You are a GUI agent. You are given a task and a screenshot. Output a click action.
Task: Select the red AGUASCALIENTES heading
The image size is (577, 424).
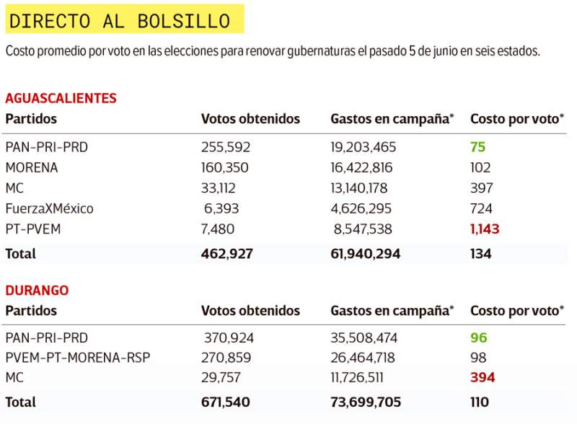[x=61, y=99]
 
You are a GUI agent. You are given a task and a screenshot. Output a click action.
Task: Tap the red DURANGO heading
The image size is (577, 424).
[x=37, y=291]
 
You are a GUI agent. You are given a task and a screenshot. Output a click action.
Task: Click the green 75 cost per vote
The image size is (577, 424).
[x=477, y=147]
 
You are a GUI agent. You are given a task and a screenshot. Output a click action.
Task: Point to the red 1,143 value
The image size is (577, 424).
[x=485, y=229]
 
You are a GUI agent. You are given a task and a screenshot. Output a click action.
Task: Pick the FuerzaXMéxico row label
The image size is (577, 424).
[x=49, y=209]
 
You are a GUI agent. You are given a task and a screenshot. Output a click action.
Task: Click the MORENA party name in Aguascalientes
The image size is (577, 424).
[x=32, y=168]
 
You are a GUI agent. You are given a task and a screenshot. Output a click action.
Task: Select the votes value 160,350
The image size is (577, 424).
[x=225, y=168]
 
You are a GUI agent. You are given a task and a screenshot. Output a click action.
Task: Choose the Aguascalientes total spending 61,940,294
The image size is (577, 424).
[x=365, y=254]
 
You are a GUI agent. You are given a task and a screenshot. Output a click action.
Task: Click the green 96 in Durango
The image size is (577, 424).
[x=479, y=337]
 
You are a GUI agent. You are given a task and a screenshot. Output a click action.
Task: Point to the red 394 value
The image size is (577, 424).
[x=483, y=378]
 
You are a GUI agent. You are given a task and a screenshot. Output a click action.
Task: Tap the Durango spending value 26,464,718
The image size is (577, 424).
[x=364, y=358]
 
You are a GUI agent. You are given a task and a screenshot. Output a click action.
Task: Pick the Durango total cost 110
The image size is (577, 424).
[x=480, y=402]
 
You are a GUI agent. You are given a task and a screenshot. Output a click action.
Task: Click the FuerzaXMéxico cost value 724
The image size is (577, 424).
[x=481, y=209]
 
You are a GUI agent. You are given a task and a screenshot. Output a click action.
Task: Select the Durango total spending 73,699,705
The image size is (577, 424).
[x=366, y=402]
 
